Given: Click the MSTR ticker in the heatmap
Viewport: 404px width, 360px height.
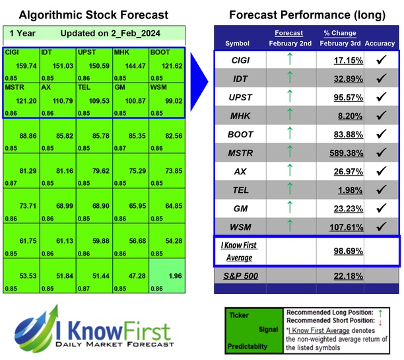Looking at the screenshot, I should point(15,87).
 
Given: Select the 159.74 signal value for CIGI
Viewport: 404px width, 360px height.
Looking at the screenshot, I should point(25,65).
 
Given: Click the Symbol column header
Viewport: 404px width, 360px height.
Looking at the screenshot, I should point(238,44).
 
